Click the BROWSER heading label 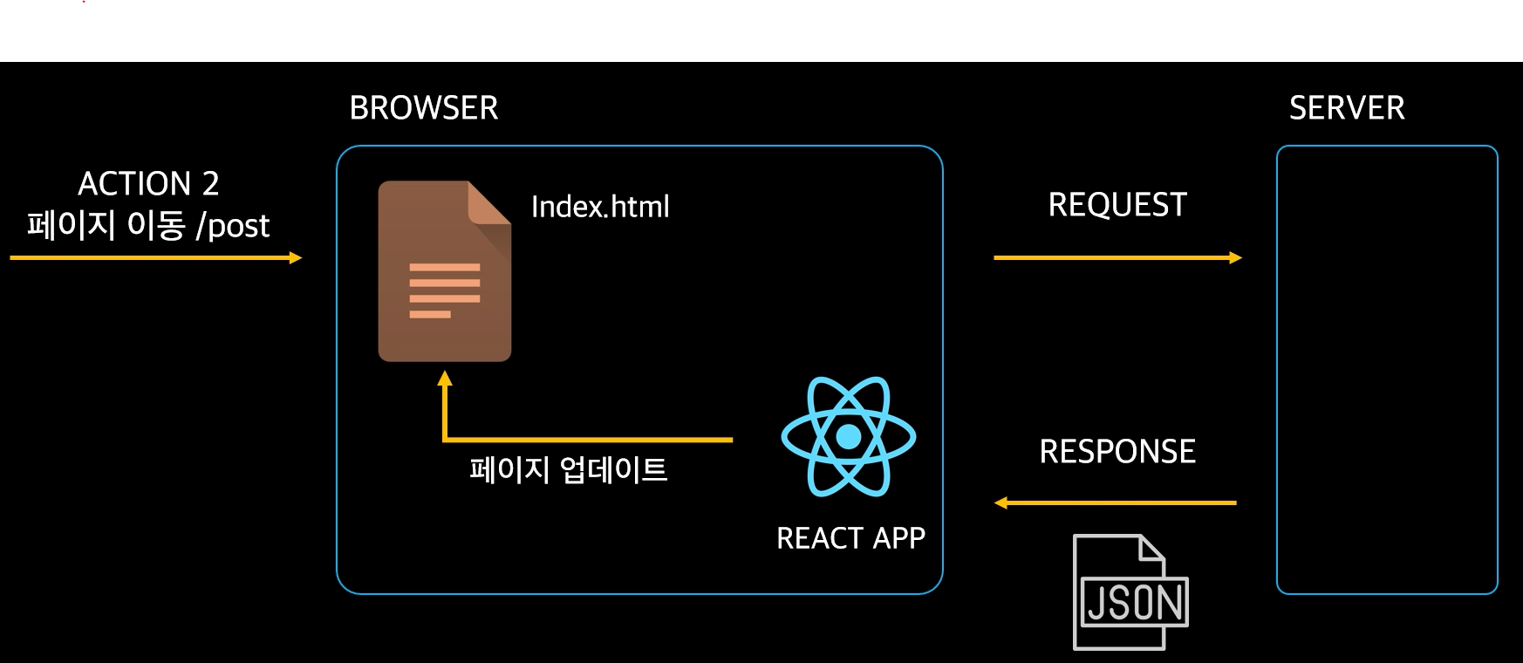tap(424, 108)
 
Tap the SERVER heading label tap(1347, 108)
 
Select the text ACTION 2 tap(148, 184)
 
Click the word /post tap(233, 226)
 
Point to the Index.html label tap(600, 207)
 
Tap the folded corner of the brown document tap(488, 203)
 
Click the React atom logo tap(849, 436)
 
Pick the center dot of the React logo tap(849, 436)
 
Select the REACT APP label tap(850, 538)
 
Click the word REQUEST tap(1117, 205)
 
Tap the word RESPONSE tap(1117, 452)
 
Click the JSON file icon tap(1130, 592)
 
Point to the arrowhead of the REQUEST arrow tap(1235, 257)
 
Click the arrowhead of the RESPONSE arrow tap(1001, 502)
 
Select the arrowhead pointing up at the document tap(445, 379)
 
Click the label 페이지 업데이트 tap(569, 470)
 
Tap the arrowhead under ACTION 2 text tap(295, 257)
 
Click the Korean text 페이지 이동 tap(106, 226)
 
